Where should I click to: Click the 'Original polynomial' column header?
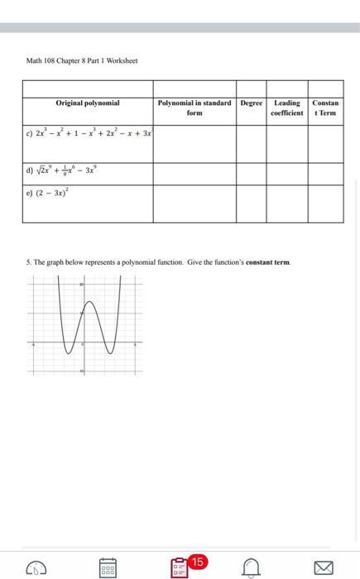tap(88, 103)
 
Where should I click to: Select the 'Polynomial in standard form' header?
tap(194, 108)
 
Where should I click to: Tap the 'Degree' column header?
tap(251, 103)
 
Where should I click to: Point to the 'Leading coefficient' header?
tap(287, 108)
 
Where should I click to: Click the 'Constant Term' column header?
tap(326, 108)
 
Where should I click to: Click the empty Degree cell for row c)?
tap(251, 142)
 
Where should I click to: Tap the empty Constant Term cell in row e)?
tap(326, 203)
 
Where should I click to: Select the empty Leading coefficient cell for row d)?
tap(287, 173)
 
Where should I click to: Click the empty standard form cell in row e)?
tap(194, 203)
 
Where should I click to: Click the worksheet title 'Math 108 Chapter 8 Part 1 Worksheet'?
tap(82, 60)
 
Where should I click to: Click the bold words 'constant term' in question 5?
tap(265, 262)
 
